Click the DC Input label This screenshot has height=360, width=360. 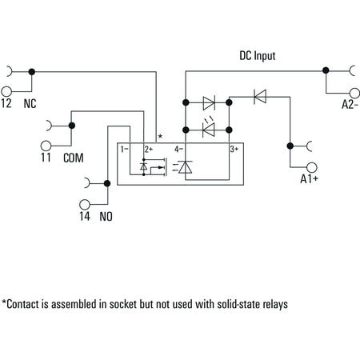tap(258, 56)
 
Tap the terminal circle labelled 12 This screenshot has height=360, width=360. tap(6, 91)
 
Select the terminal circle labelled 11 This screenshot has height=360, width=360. tap(46, 146)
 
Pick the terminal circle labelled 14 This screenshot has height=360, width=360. tap(85, 205)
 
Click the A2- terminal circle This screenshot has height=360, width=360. tap(354, 94)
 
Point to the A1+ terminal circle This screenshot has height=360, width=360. tap(312, 168)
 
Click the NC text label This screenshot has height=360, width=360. tap(30, 104)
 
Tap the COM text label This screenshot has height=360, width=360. tap(74, 158)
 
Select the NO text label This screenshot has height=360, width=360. tap(106, 217)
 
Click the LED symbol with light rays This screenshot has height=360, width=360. tap(209, 128)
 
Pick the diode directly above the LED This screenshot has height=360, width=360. tap(209, 103)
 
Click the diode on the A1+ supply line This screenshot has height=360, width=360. tap(260, 97)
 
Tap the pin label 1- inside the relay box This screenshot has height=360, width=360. tap(124, 149)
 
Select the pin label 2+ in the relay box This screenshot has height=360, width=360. tap(149, 149)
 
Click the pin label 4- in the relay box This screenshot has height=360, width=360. tap(178, 149)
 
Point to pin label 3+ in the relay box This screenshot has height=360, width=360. tap(234, 149)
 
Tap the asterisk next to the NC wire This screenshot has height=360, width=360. tap(160, 136)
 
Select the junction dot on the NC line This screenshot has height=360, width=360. tap(32, 72)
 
